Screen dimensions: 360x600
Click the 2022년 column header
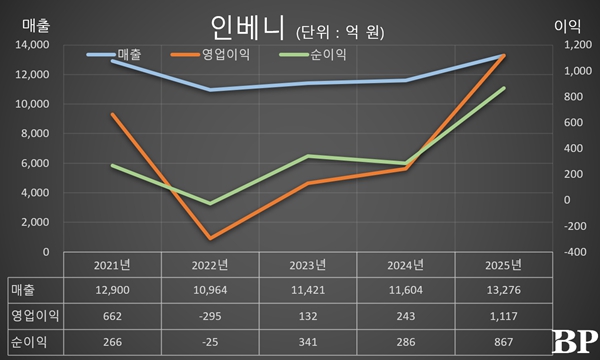click(x=210, y=265)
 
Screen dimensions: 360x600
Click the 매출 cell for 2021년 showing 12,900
click(x=112, y=290)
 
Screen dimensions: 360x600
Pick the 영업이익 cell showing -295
click(x=210, y=317)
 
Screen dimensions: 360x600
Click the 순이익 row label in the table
click(x=28, y=343)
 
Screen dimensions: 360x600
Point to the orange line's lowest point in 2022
click(x=210, y=239)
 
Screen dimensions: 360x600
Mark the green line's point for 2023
click(x=308, y=156)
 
